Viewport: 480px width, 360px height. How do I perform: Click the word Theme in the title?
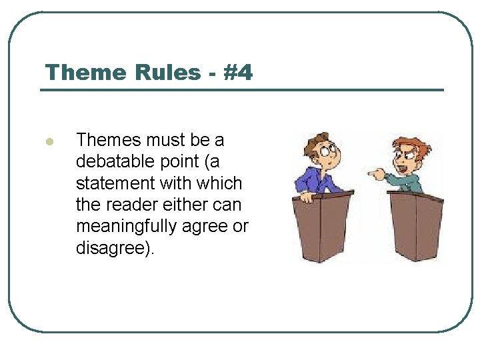77,72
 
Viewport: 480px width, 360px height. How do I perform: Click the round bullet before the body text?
48,141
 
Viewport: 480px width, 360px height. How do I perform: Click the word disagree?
113,248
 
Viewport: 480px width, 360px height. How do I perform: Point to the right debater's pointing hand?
375,175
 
